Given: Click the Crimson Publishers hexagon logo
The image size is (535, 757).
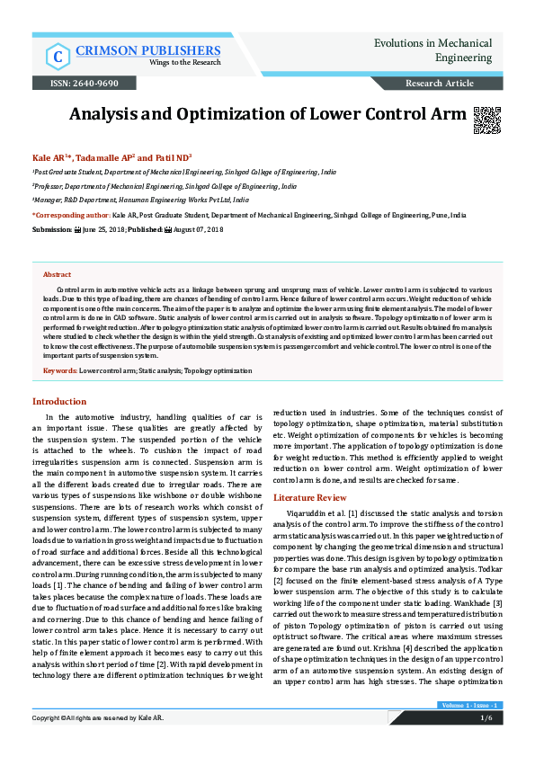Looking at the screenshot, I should [58, 55].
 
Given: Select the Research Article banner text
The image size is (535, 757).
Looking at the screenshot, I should [440, 83].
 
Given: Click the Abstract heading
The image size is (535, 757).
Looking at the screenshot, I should [57, 274].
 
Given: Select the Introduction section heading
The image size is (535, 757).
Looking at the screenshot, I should [59, 401].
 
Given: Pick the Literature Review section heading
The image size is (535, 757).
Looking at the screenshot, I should [310, 497].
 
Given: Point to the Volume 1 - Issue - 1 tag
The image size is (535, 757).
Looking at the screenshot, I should [470, 706].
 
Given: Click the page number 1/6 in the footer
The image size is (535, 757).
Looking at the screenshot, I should [486, 719].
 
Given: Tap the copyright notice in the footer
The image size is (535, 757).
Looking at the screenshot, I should [98, 719].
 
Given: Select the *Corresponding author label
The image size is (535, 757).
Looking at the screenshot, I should [71, 216].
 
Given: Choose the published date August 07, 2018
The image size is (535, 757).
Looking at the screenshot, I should [198, 230].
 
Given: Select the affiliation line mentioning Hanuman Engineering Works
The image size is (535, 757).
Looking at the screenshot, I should [142, 200].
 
